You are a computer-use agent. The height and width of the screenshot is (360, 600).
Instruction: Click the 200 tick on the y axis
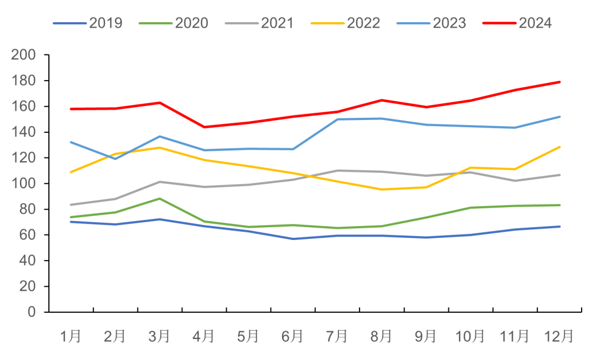pyautogui.click(x=24, y=55)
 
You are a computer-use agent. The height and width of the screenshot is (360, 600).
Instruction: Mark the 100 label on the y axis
pyautogui.click(x=24, y=184)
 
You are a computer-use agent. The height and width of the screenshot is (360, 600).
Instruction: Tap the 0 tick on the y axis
pyautogui.click(x=31, y=312)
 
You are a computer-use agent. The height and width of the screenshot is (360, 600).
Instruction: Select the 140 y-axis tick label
pyautogui.click(x=24, y=132)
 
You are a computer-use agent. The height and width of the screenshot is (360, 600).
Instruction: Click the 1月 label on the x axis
pyautogui.click(x=71, y=336)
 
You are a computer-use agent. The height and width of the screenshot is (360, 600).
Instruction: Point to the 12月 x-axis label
pyautogui.click(x=559, y=336)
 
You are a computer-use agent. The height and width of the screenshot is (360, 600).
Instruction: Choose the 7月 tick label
pyautogui.click(x=337, y=336)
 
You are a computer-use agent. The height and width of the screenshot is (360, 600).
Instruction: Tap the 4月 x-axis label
pyautogui.click(x=204, y=336)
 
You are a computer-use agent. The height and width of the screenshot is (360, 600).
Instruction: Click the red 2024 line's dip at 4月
pyautogui.click(x=204, y=127)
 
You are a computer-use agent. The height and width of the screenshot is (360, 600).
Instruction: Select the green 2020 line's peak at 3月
pyautogui.click(x=160, y=198)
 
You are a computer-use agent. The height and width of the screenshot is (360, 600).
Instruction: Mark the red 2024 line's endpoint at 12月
pyautogui.click(x=559, y=82)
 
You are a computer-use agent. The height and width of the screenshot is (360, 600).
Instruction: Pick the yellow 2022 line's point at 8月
pyautogui.click(x=382, y=189)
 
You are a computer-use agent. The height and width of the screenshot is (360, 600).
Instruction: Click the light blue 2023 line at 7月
pyautogui.click(x=337, y=119)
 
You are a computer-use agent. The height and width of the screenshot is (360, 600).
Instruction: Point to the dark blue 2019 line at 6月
pyautogui.click(x=293, y=238)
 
